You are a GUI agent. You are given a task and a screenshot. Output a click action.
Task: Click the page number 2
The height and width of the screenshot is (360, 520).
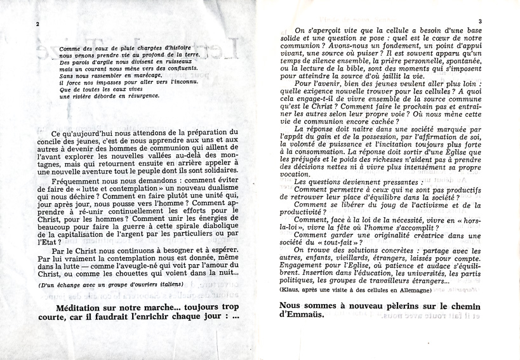[x=38, y=24]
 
